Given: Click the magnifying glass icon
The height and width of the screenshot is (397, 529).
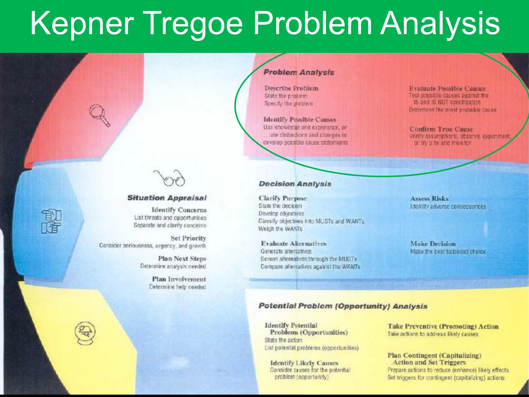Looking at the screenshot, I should pos(99,115).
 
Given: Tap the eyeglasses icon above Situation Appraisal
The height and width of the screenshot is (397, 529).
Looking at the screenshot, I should pos(170,178).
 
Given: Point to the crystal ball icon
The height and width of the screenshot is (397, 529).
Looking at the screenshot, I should pos(85,333).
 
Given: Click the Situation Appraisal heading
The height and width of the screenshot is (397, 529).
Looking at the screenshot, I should pos(167,198).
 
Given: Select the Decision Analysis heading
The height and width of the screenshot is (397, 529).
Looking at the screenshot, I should pos(295,184).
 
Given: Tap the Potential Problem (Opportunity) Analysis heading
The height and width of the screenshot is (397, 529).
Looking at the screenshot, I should pos(343,306).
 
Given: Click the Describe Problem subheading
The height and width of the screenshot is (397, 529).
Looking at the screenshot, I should pos(291,88).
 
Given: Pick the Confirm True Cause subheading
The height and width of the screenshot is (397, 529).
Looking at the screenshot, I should pos(441,129).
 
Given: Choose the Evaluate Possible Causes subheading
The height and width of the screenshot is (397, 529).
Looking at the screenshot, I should pos(447,89).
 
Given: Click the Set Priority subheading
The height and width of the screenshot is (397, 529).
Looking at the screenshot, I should pos(188,238).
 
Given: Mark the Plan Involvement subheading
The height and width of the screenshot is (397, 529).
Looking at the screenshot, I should pos(179,279).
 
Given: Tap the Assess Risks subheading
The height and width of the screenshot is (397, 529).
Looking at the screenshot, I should pos(429,199).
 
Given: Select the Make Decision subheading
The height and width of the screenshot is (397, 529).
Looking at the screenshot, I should pos(433,244).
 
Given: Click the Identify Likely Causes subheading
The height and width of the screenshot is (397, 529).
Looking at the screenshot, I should pos(304,363).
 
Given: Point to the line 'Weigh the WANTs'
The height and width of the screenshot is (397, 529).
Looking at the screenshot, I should pos(280,229).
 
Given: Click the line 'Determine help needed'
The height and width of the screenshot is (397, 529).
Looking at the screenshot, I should pos(177,287).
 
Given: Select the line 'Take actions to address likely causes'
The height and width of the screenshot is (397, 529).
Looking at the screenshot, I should pos(433,334).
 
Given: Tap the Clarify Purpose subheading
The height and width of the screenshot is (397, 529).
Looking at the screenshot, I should pos(283,198).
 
